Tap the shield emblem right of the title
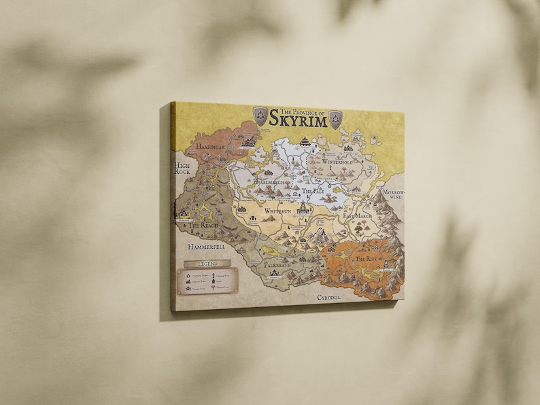[335, 120]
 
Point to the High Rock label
[182, 169]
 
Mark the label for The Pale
[314, 192]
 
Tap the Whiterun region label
[279, 212]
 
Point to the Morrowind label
[392, 195]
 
